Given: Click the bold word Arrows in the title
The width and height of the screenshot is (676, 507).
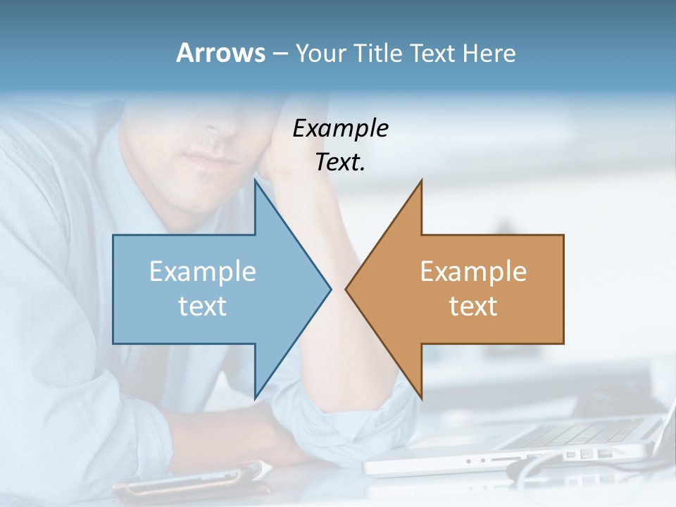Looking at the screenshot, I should coord(221,53).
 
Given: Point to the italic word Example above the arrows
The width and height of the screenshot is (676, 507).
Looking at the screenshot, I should coord(341,128).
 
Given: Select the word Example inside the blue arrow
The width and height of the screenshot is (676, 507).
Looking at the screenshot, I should coord(203,271).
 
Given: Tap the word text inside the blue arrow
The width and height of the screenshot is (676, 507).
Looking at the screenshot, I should coord(203,306).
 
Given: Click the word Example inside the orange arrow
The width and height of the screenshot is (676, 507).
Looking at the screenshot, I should coord(473,271).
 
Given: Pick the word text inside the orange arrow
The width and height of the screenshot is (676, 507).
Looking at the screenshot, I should coord(473,306).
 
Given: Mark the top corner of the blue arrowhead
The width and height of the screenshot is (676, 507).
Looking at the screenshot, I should coord(255,182).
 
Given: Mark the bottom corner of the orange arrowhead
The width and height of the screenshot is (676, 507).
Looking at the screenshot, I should coord(421,398).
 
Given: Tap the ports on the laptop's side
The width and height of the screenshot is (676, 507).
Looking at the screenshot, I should coord(584,455).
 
